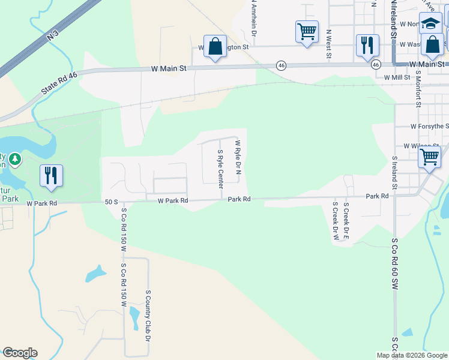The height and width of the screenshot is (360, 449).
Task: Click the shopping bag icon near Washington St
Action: tap(215, 46)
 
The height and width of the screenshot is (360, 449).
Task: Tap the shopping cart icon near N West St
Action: tap(307, 32)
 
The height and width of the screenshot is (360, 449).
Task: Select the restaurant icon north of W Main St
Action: tap(366, 45)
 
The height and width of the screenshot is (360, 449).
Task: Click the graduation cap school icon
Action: tap(430, 23)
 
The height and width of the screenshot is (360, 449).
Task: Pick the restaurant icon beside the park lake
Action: tap(51, 175)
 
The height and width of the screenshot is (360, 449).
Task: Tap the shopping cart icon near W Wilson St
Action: tap(429, 157)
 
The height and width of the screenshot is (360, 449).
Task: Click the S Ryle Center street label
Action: tap(221, 166)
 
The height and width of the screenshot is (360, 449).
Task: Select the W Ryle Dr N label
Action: tap(238, 157)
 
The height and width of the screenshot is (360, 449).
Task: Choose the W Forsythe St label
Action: tap(429, 127)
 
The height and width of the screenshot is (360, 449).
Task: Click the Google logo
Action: tap(20, 353)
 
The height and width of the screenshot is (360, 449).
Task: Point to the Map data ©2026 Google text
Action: tap(412, 355)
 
